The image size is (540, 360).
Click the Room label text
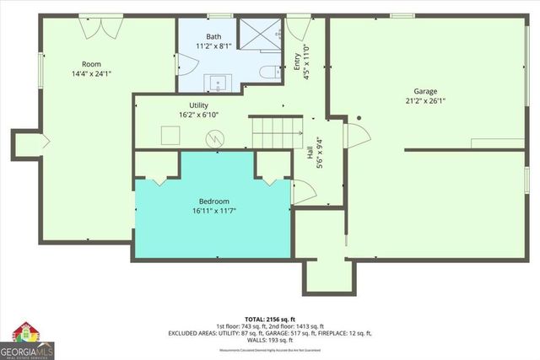tap(91, 64)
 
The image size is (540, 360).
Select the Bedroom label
tap(213, 201)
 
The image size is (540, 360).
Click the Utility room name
tap(187, 105)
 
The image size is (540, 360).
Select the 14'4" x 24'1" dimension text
tap(91, 73)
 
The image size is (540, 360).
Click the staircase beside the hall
tap(275, 133)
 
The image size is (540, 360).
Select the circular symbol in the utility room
tap(217, 137)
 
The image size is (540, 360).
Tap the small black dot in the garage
tap(359, 119)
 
